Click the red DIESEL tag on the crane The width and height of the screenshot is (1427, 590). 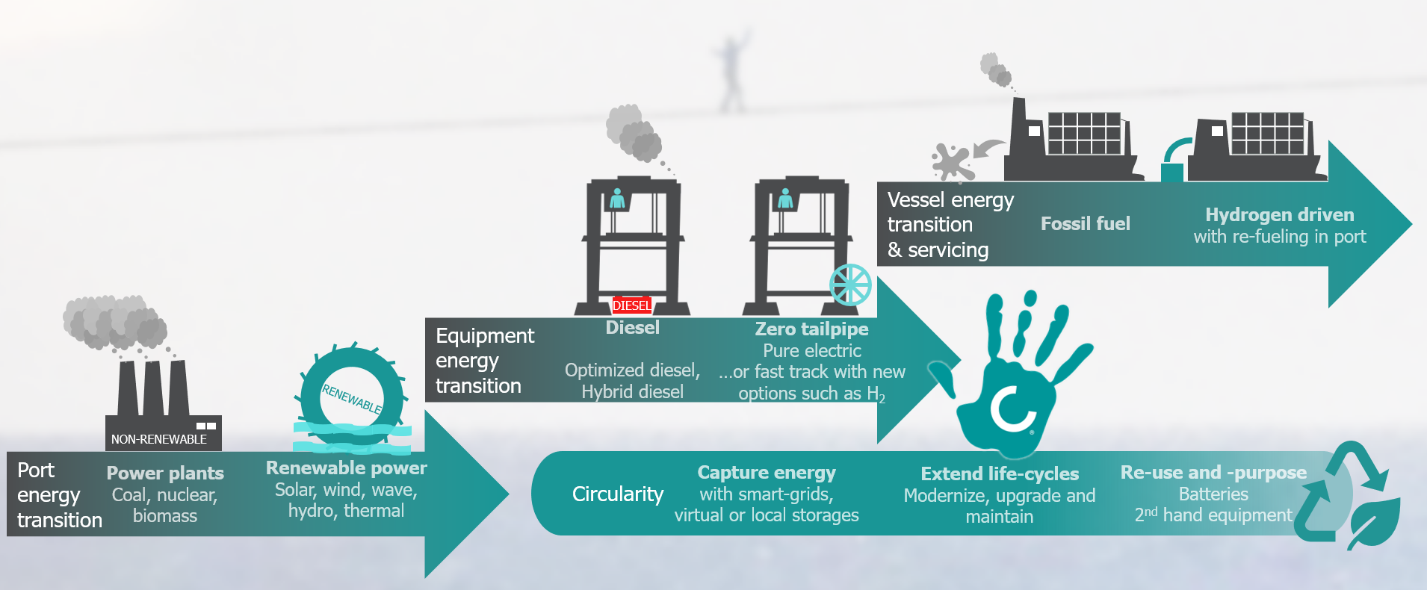pos(631,305)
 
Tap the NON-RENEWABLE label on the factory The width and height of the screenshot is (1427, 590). pos(159,439)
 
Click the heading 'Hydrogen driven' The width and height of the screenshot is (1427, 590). pos(1279,215)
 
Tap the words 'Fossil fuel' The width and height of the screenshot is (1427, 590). pos(1085,223)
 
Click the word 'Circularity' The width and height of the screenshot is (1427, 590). pos(618,494)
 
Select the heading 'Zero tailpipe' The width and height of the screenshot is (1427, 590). pos(811,329)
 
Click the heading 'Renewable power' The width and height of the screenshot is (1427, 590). pos(346,468)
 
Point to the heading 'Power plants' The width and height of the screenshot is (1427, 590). pos(165,473)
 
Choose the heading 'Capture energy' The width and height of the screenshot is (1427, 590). pos(767,473)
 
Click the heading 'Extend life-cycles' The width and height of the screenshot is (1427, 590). pos(1000,474)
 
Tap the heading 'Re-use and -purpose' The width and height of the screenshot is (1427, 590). pos(1213,473)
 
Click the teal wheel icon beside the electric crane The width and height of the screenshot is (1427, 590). pos(850,285)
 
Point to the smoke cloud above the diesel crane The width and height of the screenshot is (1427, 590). pos(634,133)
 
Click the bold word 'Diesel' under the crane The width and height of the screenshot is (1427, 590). pos(632,328)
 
